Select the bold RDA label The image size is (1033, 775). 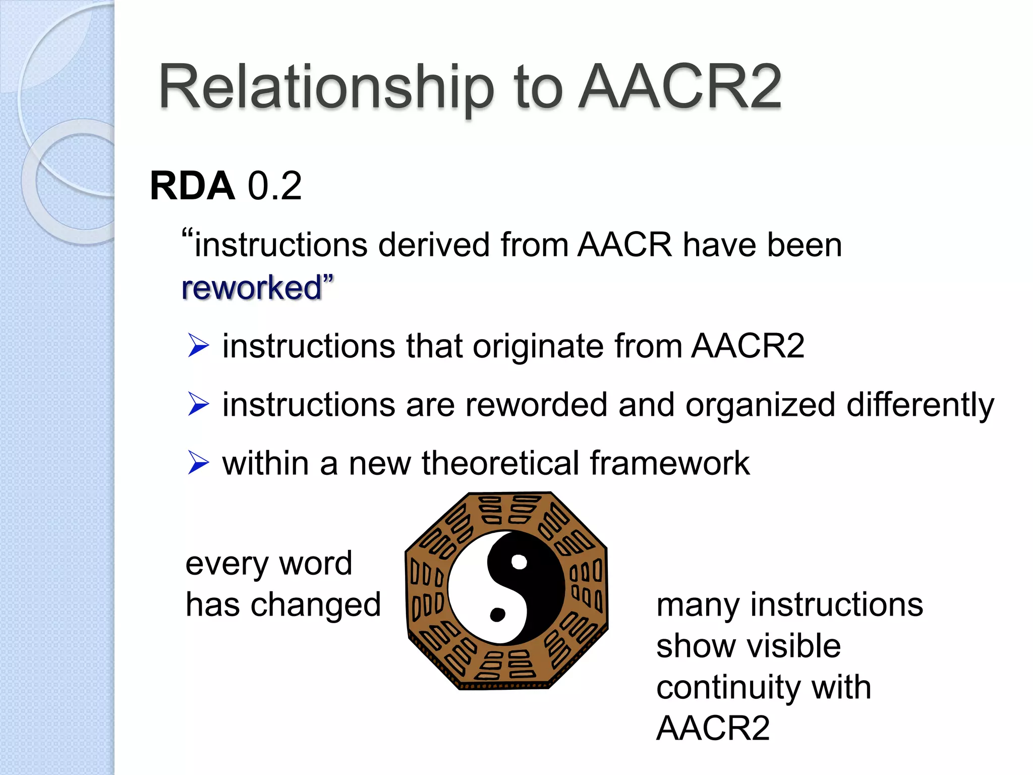pos(192,186)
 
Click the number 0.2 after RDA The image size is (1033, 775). pos(275,186)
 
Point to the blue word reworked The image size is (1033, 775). pos(251,288)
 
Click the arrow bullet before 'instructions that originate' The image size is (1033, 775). pos(198,346)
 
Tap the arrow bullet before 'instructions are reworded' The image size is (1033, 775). pos(198,405)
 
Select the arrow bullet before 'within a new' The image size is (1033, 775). pos(198,463)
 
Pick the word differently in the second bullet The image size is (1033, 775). pos(920,405)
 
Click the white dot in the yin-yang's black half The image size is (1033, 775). pos(519,562)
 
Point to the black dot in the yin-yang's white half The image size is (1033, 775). pos(497,615)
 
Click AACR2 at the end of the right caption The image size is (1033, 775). pos(713,728)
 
